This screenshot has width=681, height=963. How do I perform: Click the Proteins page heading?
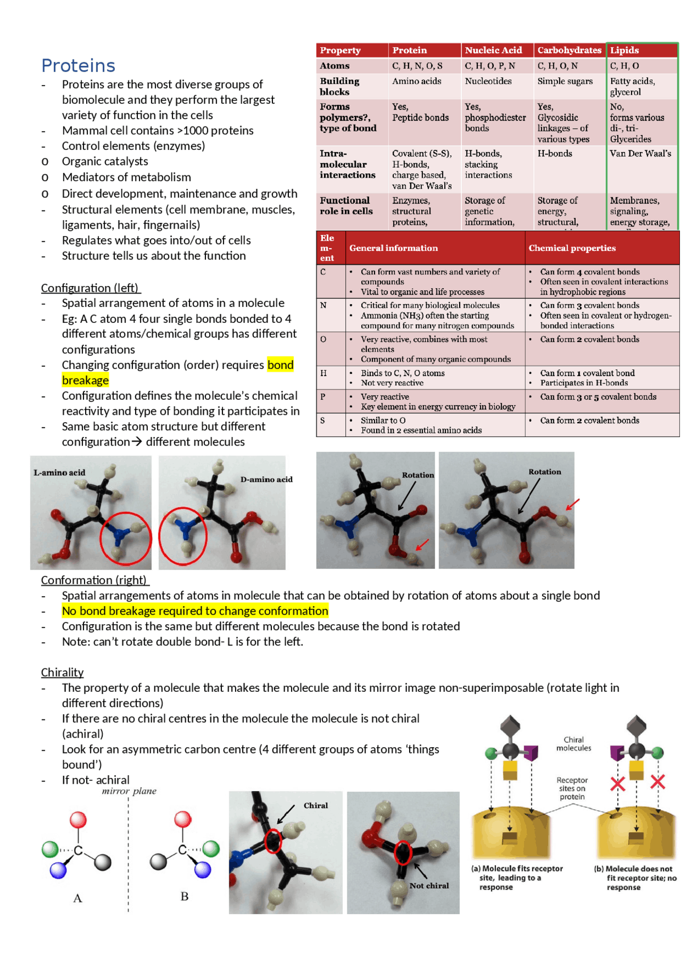78,65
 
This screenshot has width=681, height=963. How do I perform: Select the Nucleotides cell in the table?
488,81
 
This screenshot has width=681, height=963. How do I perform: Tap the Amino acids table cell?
417,81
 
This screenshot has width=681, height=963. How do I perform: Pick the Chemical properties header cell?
571,248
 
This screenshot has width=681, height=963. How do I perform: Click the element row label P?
323,397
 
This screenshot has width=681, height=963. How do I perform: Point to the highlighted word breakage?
85,380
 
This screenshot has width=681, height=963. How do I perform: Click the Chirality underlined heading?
62,672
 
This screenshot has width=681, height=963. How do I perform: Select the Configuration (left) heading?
90,288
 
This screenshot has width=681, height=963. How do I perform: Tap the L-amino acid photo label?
59,472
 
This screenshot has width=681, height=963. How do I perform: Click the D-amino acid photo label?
266,479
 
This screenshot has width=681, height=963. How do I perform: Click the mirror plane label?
129,791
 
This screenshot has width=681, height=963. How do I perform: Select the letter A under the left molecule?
78,898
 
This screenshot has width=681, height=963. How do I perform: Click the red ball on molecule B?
182,819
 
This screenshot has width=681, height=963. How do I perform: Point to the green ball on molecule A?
49,849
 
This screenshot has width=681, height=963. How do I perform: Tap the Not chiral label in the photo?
429,885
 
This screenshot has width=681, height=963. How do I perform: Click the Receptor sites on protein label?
572,788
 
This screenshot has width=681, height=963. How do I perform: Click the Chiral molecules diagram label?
574,743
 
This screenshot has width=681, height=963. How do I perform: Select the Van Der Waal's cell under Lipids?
640,154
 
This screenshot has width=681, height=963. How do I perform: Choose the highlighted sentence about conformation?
195,610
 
